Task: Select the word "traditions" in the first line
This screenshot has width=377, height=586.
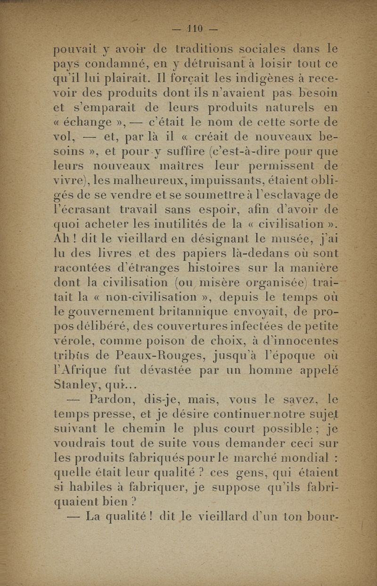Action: pos(205,49)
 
